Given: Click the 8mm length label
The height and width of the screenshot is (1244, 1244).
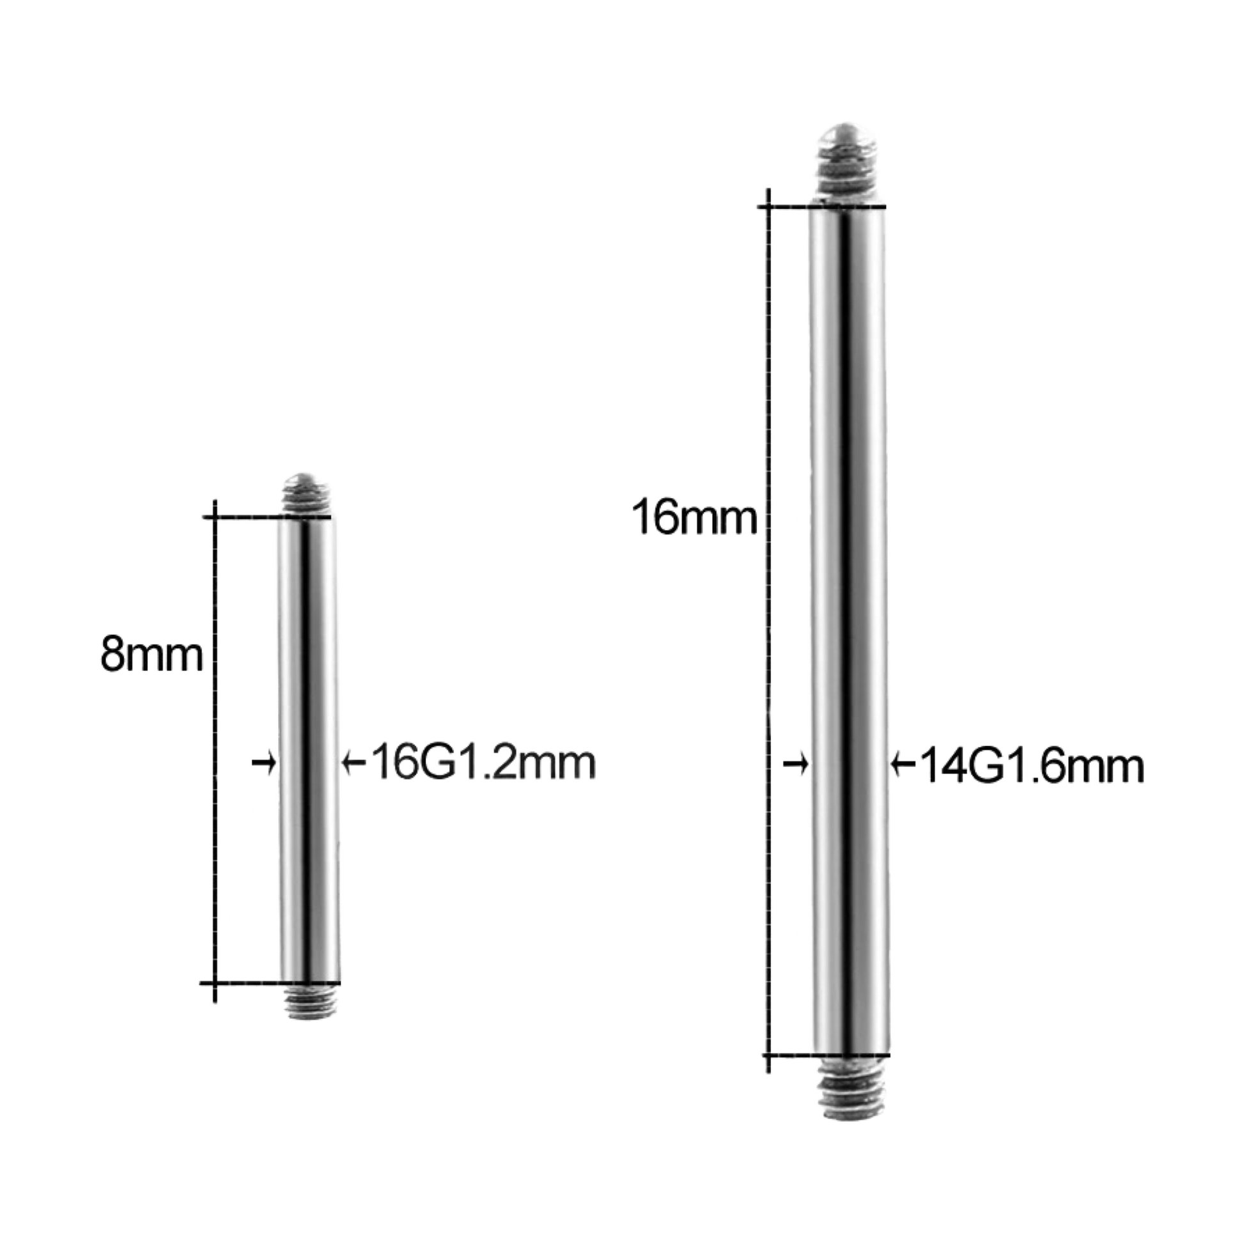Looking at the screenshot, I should point(152,657).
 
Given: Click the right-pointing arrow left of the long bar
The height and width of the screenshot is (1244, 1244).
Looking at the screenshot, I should point(797,765).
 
